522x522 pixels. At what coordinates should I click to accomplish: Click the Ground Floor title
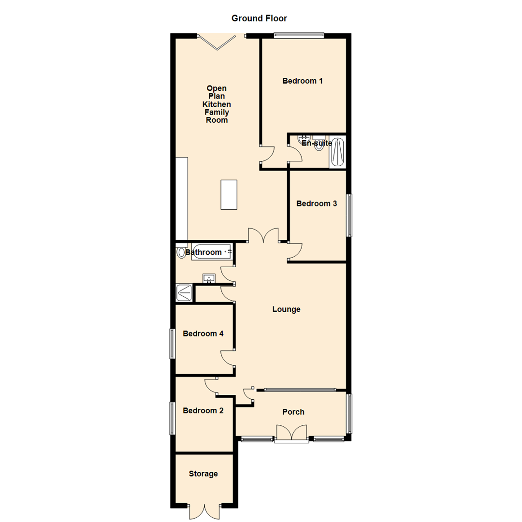tap(259, 18)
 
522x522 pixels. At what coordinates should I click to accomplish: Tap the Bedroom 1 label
tap(302, 81)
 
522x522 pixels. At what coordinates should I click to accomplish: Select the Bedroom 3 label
tap(317, 203)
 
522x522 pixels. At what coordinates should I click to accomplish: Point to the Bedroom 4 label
tap(203, 333)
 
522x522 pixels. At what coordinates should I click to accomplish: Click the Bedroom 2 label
tap(203, 410)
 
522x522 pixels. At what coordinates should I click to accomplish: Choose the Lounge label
tap(286, 309)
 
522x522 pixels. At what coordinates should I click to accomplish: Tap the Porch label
tap(293, 412)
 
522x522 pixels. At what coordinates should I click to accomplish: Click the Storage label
tap(203, 474)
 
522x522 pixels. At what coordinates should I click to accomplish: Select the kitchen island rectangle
tap(229, 194)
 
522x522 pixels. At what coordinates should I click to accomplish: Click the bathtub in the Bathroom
tap(212, 252)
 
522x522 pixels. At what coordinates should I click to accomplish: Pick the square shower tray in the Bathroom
tap(184, 292)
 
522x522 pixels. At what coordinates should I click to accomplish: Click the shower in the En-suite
tap(337, 152)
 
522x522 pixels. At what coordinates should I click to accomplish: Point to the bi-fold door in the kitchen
tap(217, 43)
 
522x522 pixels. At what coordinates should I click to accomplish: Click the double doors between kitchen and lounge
tap(263, 235)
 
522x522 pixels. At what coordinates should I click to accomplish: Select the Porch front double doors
tap(291, 433)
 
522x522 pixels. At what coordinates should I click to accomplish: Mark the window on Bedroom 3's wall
tap(349, 216)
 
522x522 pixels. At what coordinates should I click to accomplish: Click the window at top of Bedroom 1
tap(299, 35)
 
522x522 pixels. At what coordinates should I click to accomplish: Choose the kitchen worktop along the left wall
tap(182, 199)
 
